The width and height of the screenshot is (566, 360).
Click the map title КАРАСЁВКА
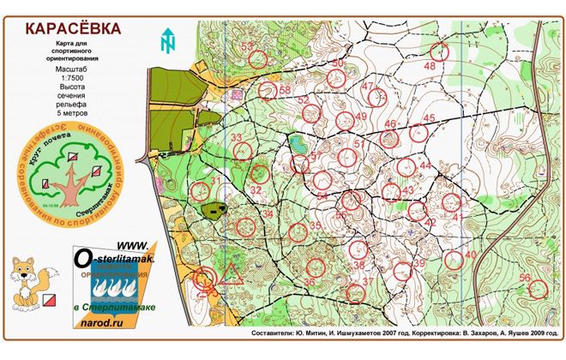pos(72,27)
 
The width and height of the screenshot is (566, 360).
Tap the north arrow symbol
pos(168,40)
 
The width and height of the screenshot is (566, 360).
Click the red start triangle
pos(231,275)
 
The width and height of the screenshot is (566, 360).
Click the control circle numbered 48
pos(440,51)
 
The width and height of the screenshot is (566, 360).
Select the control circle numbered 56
pos(538,289)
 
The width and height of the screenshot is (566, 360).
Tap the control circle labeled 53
pos(257,59)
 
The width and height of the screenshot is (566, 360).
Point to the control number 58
pos(285,90)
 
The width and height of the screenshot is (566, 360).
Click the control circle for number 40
pos(452,260)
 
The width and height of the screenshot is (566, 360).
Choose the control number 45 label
pos(429,118)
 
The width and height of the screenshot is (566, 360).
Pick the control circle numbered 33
pos(243,151)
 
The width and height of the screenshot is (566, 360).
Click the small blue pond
pos(298,144)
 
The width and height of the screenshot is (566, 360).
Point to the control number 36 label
pos(309,281)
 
